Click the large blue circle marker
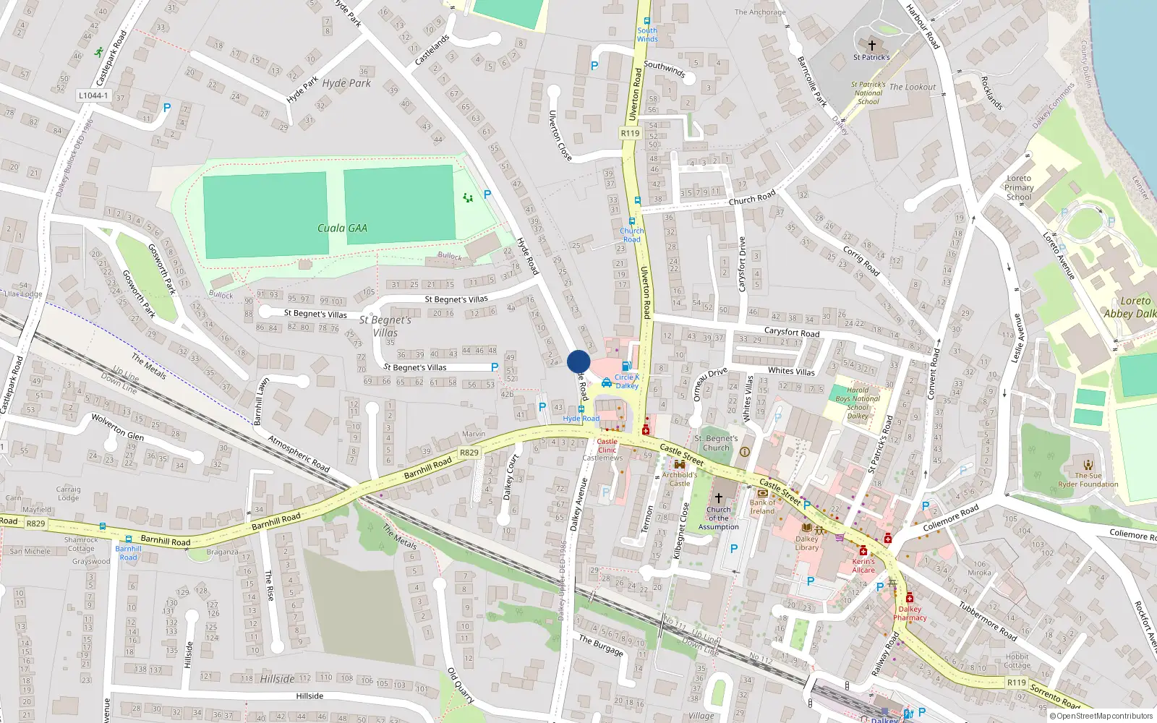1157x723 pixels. [578, 361]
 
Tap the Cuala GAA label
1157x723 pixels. [342, 228]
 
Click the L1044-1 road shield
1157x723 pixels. [93, 95]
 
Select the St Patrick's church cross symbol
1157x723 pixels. [872, 45]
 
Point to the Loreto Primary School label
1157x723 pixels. [1018, 187]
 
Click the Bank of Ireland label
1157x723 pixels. [762, 507]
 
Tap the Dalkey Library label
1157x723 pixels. [807, 543]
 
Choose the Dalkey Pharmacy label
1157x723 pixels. [910, 613]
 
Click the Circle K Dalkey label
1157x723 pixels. [627, 381]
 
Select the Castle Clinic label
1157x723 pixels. [607, 445]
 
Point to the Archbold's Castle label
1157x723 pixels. [680, 479]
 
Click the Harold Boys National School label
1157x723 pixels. [858, 403]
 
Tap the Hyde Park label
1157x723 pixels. [346, 83]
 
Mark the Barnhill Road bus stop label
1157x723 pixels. [128, 553]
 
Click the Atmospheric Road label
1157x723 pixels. [299, 454]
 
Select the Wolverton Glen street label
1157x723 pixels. [117, 427]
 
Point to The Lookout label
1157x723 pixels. [913, 87]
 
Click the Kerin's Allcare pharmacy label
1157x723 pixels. [863, 565]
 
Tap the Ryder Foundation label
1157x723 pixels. [1088, 484]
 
